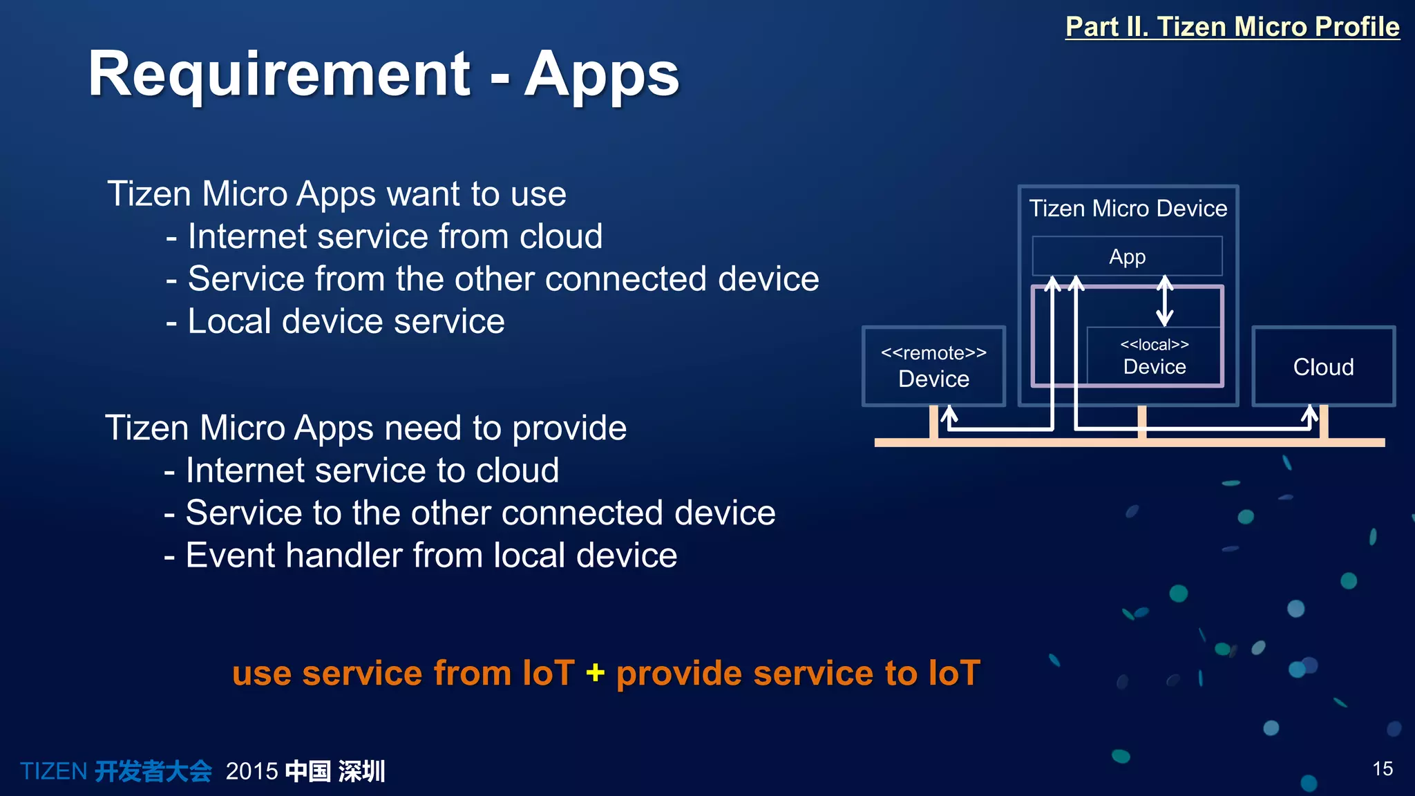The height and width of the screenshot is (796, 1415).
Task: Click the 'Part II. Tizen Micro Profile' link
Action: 1232,26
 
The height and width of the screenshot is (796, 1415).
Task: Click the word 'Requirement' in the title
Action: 279,74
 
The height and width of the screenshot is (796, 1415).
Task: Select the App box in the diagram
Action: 1127,256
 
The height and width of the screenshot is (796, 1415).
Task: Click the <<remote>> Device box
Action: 933,366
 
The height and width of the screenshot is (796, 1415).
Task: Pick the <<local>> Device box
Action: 1154,357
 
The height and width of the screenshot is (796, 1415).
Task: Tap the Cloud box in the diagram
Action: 1323,367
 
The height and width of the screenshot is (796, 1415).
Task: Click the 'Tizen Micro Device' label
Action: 1128,208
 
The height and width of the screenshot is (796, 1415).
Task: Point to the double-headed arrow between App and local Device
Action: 1165,301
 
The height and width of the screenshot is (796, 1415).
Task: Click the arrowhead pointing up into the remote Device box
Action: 949,414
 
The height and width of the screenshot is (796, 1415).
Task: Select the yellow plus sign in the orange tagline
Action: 595,672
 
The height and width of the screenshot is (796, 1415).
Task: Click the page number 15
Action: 1383,768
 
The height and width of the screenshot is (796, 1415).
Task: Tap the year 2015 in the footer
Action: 251,771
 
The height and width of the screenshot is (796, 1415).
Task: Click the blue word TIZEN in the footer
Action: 53,771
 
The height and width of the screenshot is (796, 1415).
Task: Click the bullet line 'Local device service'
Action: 345,321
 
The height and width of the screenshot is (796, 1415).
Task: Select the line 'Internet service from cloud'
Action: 395,236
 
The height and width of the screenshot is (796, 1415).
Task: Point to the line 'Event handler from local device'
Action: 430,556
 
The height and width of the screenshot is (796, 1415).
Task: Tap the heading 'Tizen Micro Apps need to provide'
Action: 365,428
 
